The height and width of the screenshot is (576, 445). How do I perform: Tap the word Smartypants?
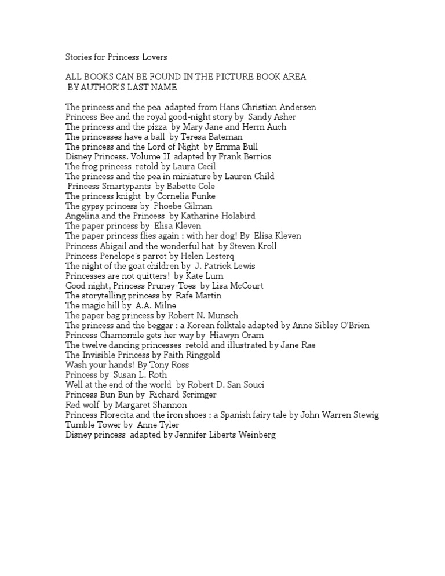coord(124,186)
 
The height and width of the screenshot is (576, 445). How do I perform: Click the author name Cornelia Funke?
coord(187,196)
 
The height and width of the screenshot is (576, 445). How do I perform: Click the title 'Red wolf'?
coord(83,404)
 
